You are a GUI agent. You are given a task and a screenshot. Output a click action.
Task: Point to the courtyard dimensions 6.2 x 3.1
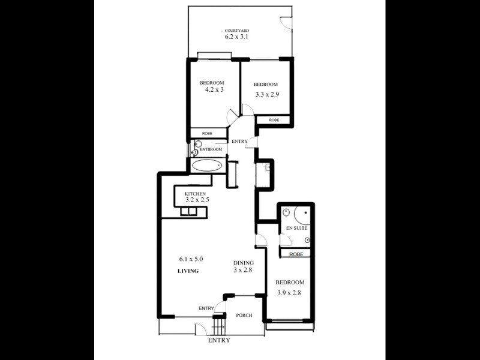(236, 37)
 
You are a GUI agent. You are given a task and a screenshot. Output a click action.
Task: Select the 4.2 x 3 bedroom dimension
(214, 90)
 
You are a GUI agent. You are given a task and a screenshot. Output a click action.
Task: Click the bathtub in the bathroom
(208, 165)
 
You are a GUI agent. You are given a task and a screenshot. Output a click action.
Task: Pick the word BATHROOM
(211, 149)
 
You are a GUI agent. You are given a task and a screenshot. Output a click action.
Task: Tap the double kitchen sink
(189, 212)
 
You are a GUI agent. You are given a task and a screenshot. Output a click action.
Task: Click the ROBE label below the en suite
(295, 254)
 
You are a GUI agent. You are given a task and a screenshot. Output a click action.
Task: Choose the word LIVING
(188, 271)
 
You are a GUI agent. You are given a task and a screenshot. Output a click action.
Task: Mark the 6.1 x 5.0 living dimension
(191, 259)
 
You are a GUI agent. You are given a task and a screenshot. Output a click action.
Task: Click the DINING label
(244, 263)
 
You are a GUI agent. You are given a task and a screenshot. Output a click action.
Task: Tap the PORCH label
(244, 316)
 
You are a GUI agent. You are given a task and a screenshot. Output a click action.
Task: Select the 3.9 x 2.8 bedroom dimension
(290, 293)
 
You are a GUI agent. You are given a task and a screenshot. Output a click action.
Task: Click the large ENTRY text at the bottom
(219, 340)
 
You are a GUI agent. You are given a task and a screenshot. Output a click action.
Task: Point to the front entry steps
(218, 327)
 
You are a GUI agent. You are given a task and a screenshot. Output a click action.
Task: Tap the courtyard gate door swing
(287, 23)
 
